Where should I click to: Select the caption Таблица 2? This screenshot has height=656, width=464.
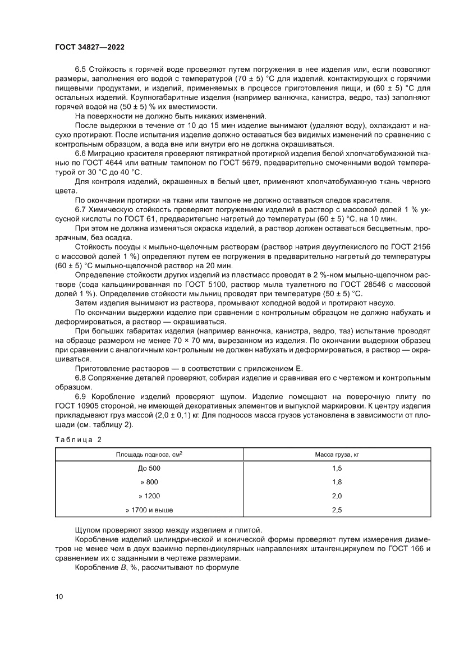(77, 439)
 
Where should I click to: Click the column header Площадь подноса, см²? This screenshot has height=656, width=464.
(149, 454)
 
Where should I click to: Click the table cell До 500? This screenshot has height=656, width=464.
(149, 468)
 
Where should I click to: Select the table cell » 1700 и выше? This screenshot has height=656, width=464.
(149, 510)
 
